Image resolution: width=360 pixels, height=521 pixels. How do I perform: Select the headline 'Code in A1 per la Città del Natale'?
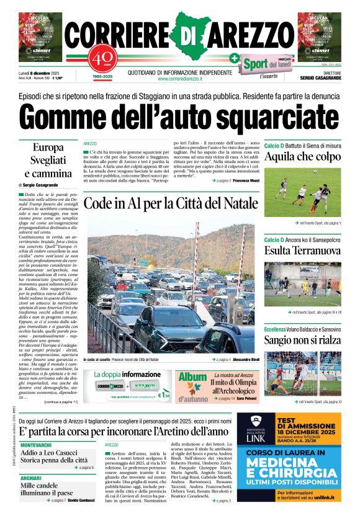point(171,203)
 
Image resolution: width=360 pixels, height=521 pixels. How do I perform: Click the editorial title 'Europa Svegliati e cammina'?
point(48,160)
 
